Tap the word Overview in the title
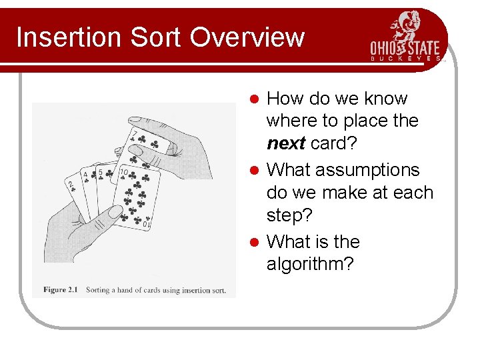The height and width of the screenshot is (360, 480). (247, 37)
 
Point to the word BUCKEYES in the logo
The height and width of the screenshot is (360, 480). (405, 59)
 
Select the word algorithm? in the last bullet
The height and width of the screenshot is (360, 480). (310, 265)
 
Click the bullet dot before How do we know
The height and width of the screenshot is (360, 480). (254, 99)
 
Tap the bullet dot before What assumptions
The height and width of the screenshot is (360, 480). (254, 171)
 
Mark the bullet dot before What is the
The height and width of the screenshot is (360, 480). (254, 242)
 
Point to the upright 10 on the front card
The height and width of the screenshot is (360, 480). (123, 173)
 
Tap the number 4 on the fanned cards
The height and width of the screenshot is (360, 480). (85, 176)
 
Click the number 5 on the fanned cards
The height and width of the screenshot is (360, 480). (100, 173)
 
